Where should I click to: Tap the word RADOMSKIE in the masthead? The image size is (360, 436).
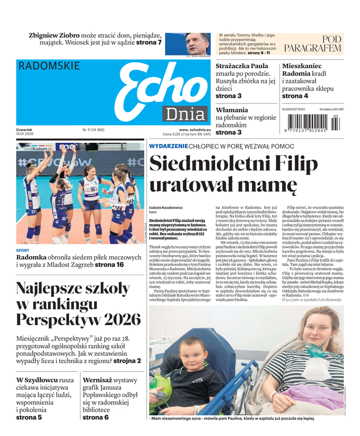pos(49,66)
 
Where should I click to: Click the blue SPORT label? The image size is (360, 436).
pos(23,250)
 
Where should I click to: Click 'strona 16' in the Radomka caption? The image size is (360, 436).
pos(109,265)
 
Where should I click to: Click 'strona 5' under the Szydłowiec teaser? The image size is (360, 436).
pos(29,417)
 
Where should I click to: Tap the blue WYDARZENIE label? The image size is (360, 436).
pos(168,146)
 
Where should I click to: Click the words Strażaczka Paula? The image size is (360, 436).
pos(242,66)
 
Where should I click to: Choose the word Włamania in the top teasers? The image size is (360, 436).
pos(232,110)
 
